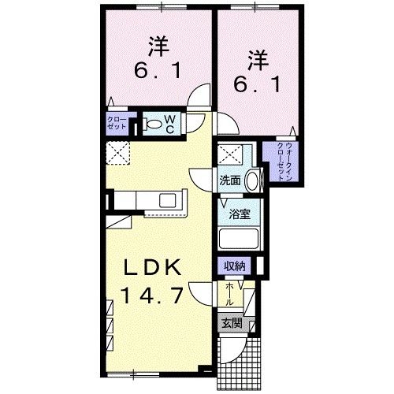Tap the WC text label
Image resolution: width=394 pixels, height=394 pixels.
171,125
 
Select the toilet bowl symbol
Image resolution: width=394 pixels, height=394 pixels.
151,125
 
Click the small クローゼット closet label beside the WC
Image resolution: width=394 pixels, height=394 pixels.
117,124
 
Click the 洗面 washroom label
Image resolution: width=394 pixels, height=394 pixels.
230,179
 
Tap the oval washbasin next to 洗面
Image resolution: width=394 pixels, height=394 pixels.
253,180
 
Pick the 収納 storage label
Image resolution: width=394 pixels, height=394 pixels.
235,266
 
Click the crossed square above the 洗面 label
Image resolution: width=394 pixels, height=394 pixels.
229,154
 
